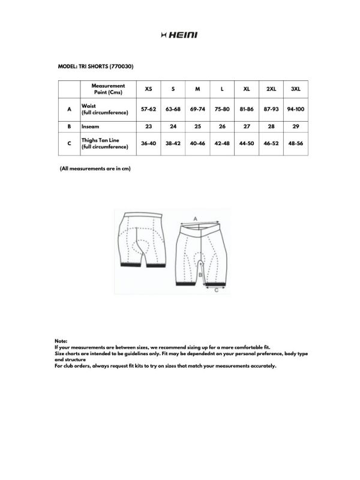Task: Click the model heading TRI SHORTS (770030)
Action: (x=95, y=66)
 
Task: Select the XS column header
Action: (x=148, y=89)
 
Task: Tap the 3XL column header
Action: (x=295, y=89)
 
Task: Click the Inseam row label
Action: (x=90, y=127)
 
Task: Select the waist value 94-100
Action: (x=295, y=110)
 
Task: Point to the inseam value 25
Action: (x=197, y=127)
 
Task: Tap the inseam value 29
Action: (x=295, y=127)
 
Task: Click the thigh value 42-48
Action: (x=222, y=144)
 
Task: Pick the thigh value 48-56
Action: (x=295, y=144)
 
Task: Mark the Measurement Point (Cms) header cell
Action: (x=108, y=89)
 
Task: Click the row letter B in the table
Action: (x=70, y=127)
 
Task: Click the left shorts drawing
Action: (x=143, y=238)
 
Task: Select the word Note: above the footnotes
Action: (x=61, y=341)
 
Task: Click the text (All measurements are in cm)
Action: (x=95, y=169)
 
